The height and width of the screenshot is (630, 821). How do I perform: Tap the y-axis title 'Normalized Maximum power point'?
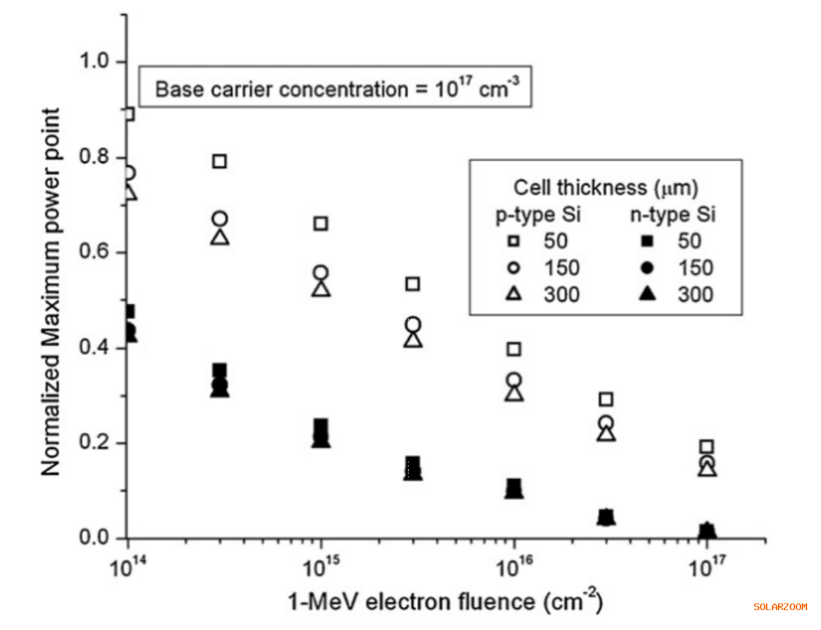click(x=52, y=292)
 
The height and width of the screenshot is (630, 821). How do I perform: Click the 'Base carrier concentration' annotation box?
click(x=335, y=89)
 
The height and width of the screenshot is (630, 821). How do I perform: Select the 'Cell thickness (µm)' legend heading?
click(x=605, y=188)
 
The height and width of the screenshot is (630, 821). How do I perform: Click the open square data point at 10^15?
click(x=321, y=223)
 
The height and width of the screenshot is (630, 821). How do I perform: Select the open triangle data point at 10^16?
click(x=514, y=393)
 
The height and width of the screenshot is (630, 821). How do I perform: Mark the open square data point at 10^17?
click(x=707, y=447)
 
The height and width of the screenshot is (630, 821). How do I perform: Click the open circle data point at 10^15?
click(x=321, y=273)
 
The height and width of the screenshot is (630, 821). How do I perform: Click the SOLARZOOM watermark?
click(x=780, y=607)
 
